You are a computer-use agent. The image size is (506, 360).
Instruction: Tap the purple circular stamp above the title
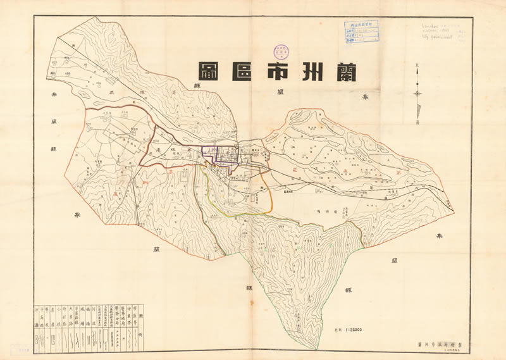(280, 52)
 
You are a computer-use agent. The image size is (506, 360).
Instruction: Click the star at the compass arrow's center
(418, 94)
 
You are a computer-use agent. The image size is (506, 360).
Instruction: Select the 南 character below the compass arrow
(418, 125)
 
